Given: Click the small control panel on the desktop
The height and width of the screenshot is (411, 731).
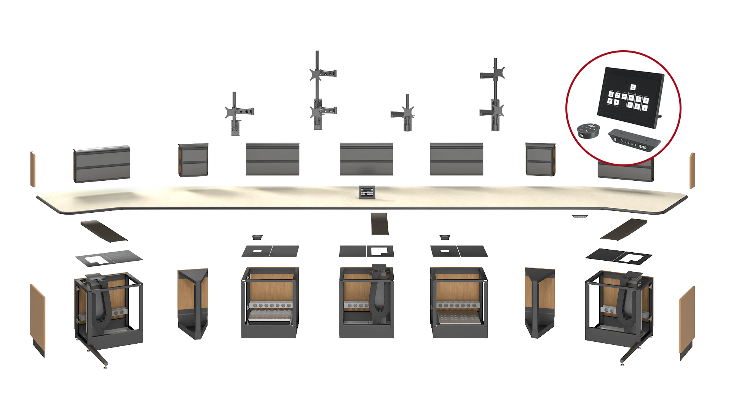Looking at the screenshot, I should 366,191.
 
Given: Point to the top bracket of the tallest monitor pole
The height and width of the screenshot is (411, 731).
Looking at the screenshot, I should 322,73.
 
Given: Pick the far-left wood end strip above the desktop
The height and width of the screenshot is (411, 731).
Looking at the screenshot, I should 33,169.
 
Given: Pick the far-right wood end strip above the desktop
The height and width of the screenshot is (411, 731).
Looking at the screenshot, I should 693,170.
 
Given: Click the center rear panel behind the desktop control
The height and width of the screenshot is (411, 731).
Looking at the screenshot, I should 366,158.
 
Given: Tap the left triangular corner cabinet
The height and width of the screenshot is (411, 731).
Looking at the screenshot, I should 193,303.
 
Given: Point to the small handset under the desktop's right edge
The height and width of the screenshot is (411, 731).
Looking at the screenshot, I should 579,216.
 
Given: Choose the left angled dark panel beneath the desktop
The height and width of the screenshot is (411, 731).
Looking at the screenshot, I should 104,230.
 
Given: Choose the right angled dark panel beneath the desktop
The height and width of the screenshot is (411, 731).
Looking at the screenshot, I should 624,229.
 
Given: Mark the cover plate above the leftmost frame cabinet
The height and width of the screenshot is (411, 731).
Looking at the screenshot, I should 109,258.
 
